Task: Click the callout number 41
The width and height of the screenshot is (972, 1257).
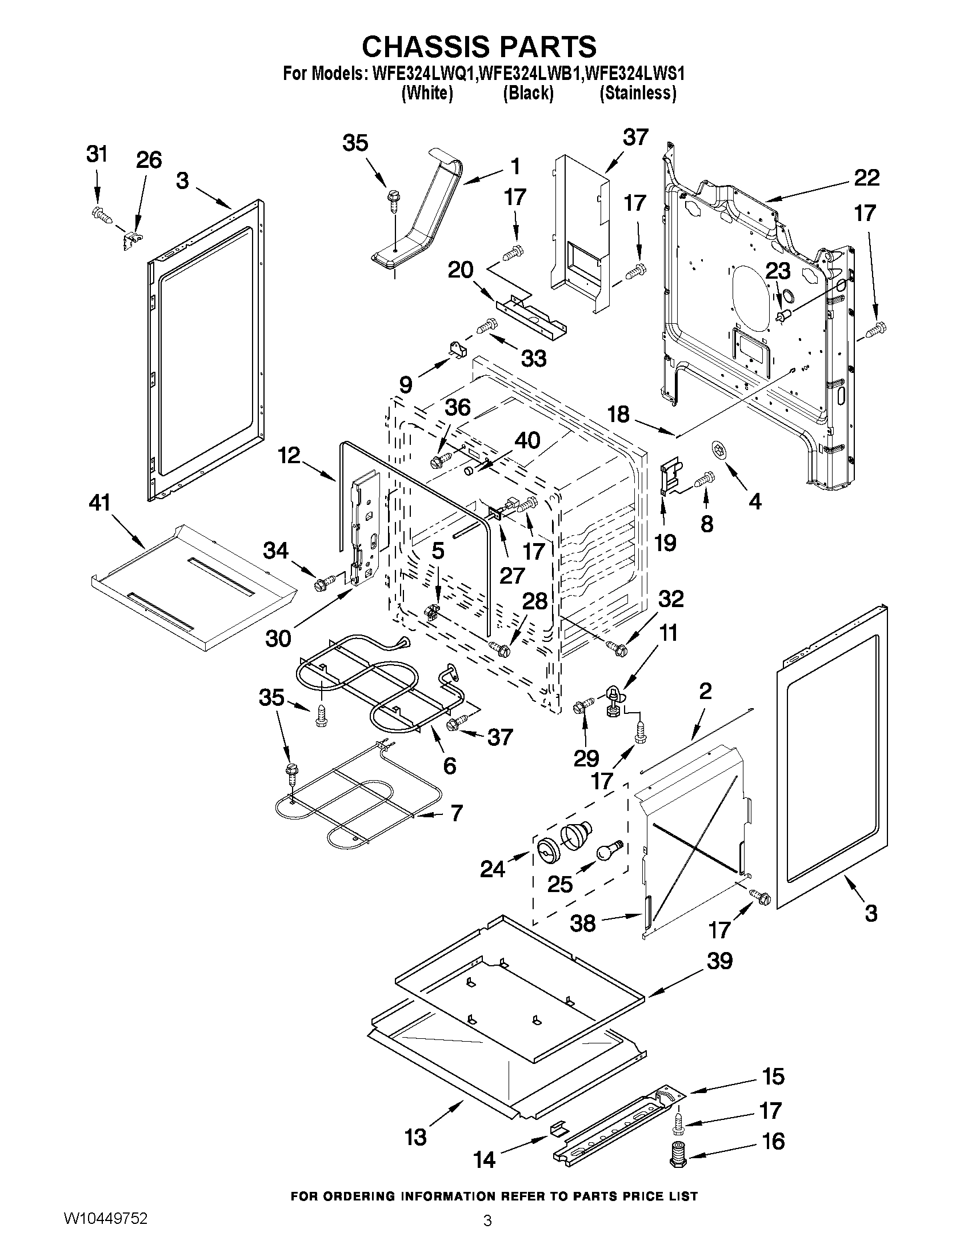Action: coord(99,503)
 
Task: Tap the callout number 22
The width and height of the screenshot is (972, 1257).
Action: coord(867,177)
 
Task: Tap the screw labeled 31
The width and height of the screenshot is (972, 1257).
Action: coord(100,216)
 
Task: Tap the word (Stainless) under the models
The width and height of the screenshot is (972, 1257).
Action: coord(638,93)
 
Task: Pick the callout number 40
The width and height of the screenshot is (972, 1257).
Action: coord(527,440)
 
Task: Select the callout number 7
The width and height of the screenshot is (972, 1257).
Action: coord(456,813)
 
